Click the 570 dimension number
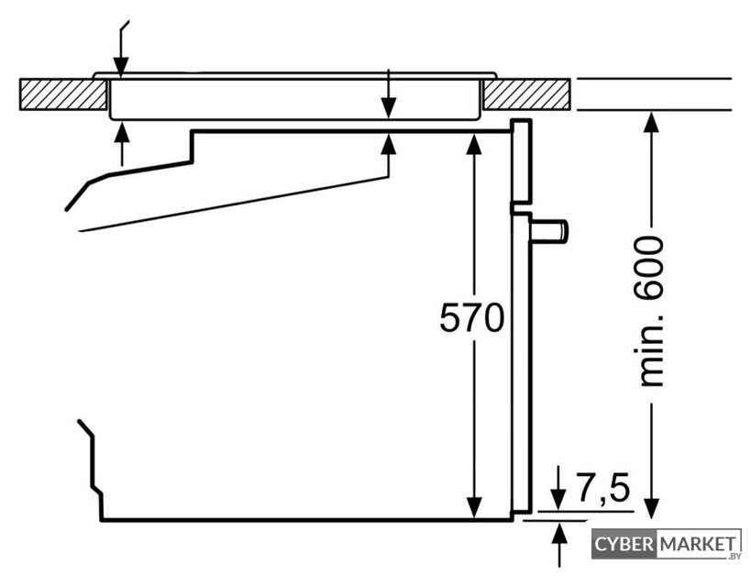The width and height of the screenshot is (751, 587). click(x=471, y=317)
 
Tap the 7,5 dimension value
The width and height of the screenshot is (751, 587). click(x=602, y=487)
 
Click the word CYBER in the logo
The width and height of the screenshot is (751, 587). click(x=624, y=545)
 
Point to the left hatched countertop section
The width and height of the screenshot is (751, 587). click(x=62, y=94)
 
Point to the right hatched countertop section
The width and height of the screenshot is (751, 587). click(x=526, y=94)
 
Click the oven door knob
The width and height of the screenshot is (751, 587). click(x=549, y=230)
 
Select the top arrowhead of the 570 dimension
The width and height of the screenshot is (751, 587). click(x=474, y=144)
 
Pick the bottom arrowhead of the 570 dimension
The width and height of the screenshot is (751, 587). click(x=474, y=508)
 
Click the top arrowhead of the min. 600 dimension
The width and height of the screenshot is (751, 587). click(x=651, y=122)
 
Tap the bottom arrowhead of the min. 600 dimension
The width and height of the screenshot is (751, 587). click(x=651, y=509)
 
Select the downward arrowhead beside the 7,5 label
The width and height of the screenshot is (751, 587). click(x=558, y=499)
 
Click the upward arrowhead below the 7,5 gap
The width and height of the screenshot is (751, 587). click(x=559, y=533)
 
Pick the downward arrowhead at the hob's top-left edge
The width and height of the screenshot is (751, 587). click(x=121, y=66)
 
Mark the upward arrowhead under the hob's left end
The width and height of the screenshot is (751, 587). click(x=122, y=132)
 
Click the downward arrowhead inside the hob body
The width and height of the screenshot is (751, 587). click(x=389, y=107)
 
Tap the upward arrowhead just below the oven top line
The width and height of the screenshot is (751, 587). click(x=389, y=144)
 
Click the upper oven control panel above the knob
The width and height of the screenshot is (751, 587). click(x=521, y=161)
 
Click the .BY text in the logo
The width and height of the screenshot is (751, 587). click(x=734, y=557)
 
